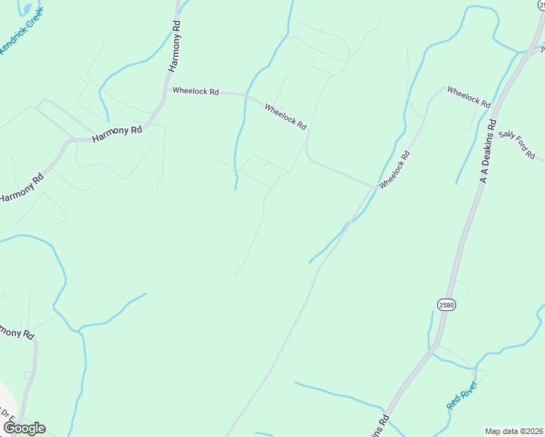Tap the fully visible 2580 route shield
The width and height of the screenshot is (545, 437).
point(447,304)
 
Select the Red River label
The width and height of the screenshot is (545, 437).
point(462,395)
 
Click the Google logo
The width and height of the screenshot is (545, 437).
point(24,428)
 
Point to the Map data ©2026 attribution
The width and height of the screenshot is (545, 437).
point(514,431)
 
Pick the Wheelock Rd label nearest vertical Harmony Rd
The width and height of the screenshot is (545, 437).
point(195,91)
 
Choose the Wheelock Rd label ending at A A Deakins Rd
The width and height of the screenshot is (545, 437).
point(468,96)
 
